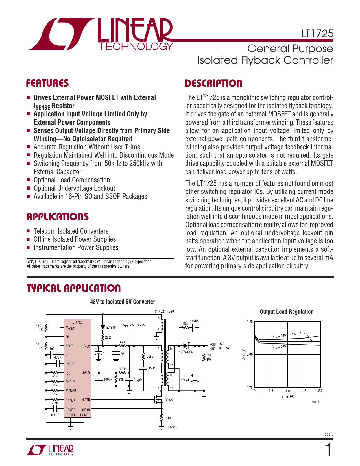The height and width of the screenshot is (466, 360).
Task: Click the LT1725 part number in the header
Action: (317, 34)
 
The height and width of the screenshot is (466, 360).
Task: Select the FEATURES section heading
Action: (47, 83)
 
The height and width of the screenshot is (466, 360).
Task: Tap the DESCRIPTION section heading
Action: (213, 84)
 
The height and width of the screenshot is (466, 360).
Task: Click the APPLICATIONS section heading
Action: (57, 217)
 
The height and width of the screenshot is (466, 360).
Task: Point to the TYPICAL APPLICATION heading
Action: (73, 288)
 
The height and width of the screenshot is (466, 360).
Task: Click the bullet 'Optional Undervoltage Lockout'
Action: (74, 188)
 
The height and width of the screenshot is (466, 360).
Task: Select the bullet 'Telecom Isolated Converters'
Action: (71, 231)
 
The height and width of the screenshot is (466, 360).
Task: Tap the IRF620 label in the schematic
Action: (169, 400)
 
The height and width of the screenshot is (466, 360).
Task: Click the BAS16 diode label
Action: (111, 328)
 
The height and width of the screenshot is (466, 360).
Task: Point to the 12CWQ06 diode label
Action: (186, 352)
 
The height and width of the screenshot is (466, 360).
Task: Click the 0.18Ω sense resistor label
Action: (168, 418)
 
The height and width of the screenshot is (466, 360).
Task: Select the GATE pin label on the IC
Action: (86, 400)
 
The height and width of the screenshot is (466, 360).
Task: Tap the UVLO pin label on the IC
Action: (86, 373)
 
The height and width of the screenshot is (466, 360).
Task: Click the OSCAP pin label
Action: (71, 364)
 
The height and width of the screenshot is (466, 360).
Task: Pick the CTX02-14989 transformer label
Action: (164, 312)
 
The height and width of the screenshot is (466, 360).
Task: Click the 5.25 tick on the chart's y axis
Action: (250, 322)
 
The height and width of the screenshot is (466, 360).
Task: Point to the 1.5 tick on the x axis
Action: (304, 391)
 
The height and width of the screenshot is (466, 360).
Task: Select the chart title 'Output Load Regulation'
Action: (287, 312)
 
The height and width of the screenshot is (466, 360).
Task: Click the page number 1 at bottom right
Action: (328, 450)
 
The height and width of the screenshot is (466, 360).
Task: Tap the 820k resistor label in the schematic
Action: (122, 369)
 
